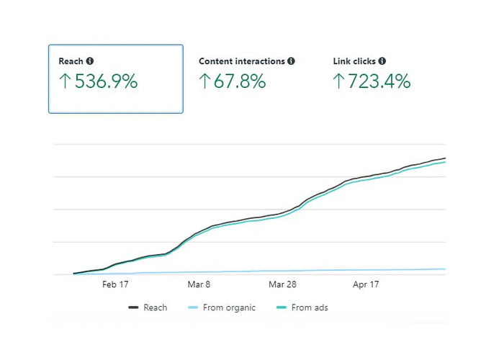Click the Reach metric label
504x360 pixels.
click(71, 62)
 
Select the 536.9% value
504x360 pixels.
click(105, 81)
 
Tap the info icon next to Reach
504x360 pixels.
click(90, 62)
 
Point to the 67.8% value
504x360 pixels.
click(240, 81)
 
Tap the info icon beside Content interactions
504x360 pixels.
click(291, 62)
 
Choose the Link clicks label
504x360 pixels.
click(354, 62)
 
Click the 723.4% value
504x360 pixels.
click(379, 81)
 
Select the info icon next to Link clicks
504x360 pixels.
click(382, 62)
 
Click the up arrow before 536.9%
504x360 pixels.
click(64, 81)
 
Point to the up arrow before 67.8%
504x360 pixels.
click(204, 81)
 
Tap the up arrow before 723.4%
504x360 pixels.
click(338, 81)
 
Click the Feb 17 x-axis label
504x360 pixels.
click(115, 285)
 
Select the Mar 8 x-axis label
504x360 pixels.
click(199, 285)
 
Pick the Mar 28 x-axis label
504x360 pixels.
click(282, 285)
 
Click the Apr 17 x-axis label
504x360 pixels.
click(366, 285)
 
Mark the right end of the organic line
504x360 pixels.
click(445, 269)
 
